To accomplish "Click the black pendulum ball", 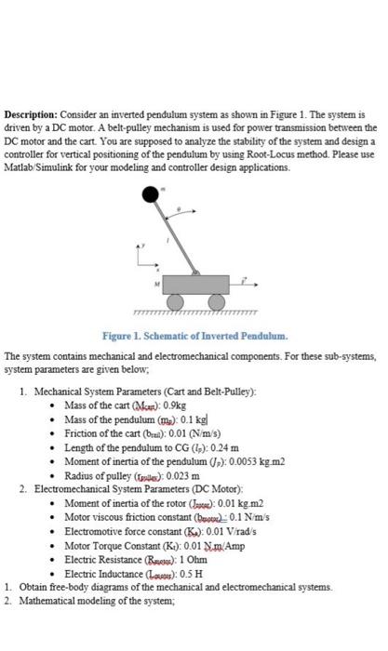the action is click(150, 194).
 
